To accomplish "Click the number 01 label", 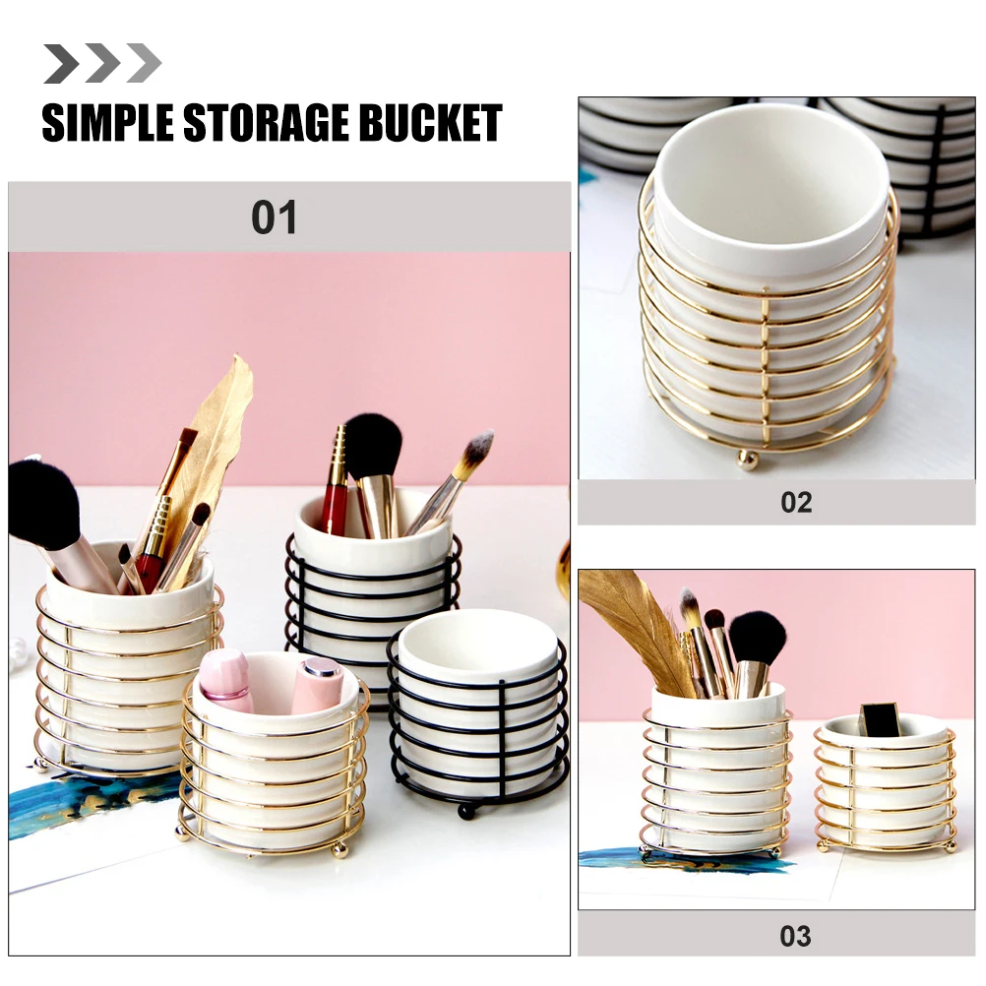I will tap(274, 217).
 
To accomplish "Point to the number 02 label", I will tap(796, 502).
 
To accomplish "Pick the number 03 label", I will tap(795, 935).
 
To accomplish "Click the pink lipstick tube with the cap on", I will tap(318, 685).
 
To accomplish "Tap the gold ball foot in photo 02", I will tap(750, 460).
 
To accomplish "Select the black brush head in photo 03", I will tap(758, 636).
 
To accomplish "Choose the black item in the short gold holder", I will tap(879, 719).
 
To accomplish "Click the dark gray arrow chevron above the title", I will tap(61, 64).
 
